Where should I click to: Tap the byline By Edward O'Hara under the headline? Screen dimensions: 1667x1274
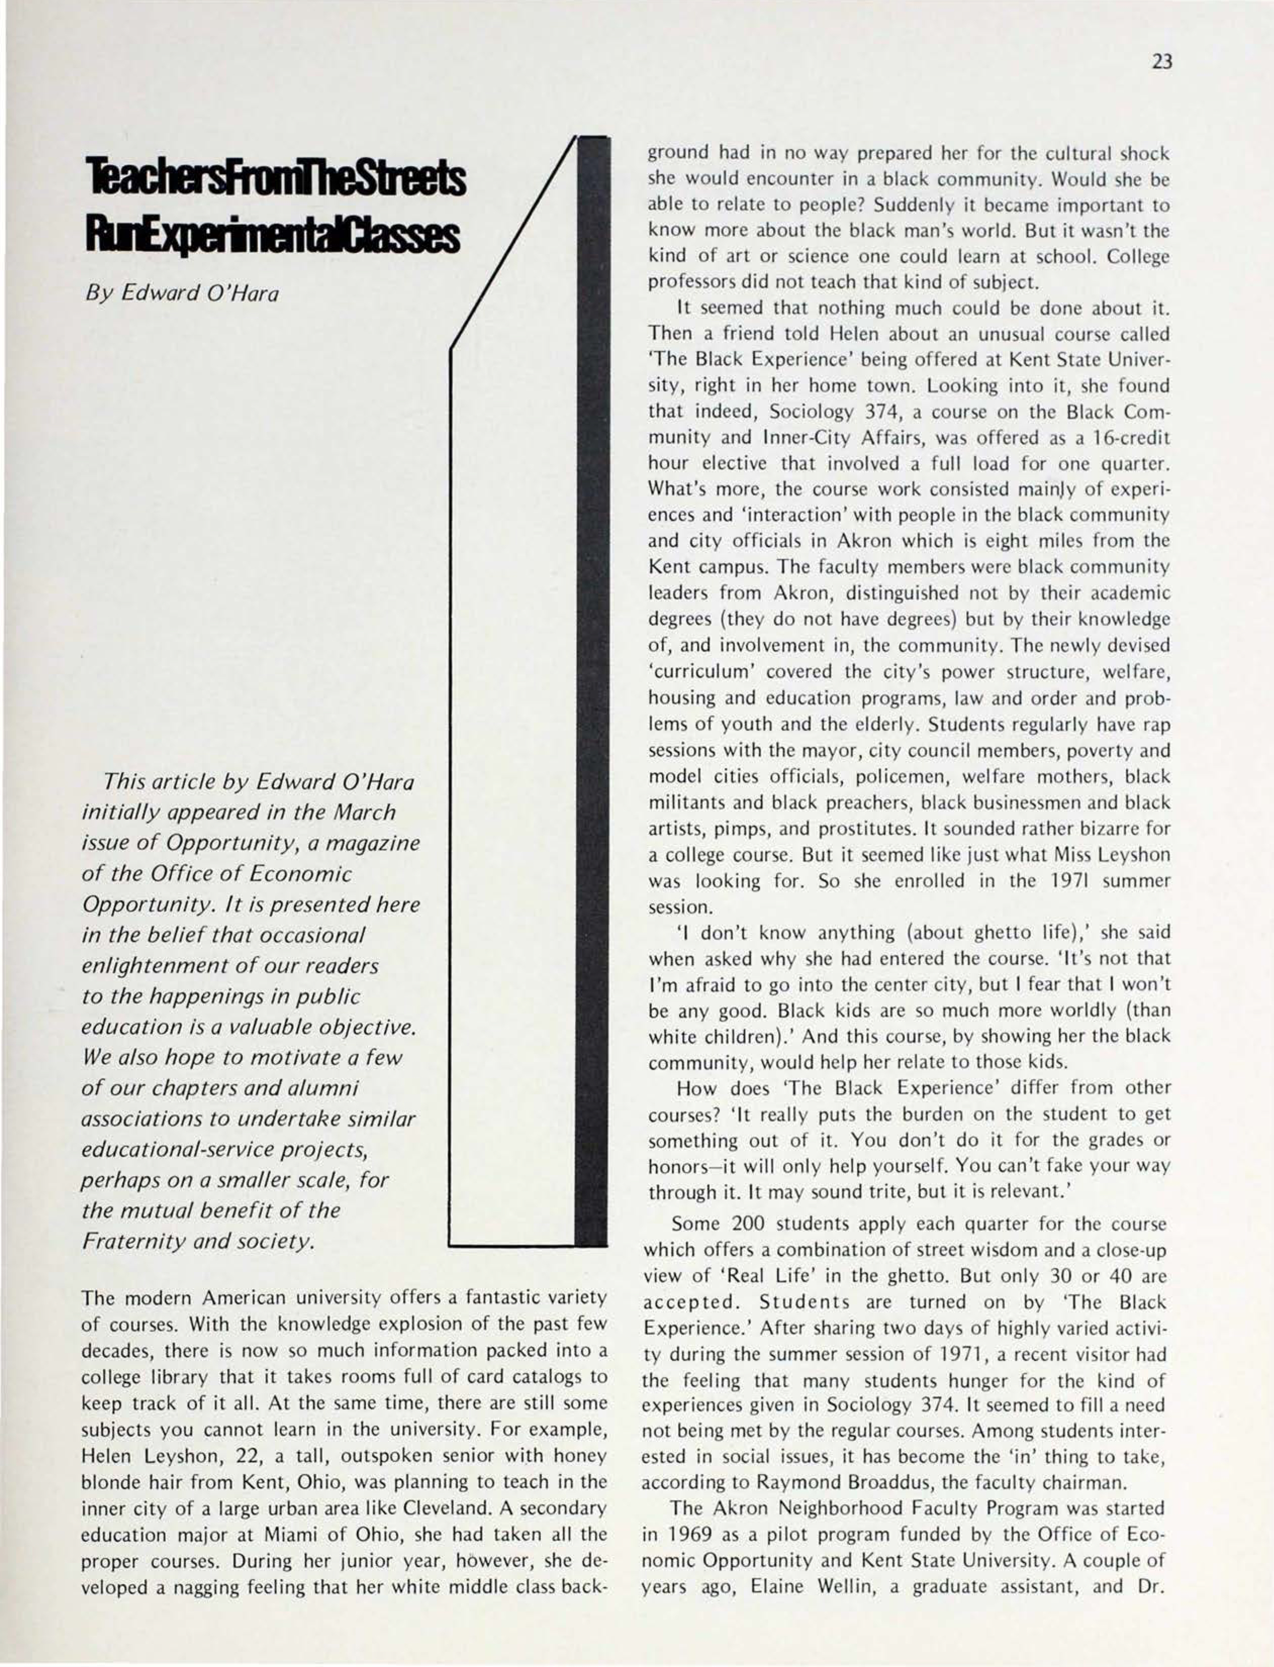(181, 292)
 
